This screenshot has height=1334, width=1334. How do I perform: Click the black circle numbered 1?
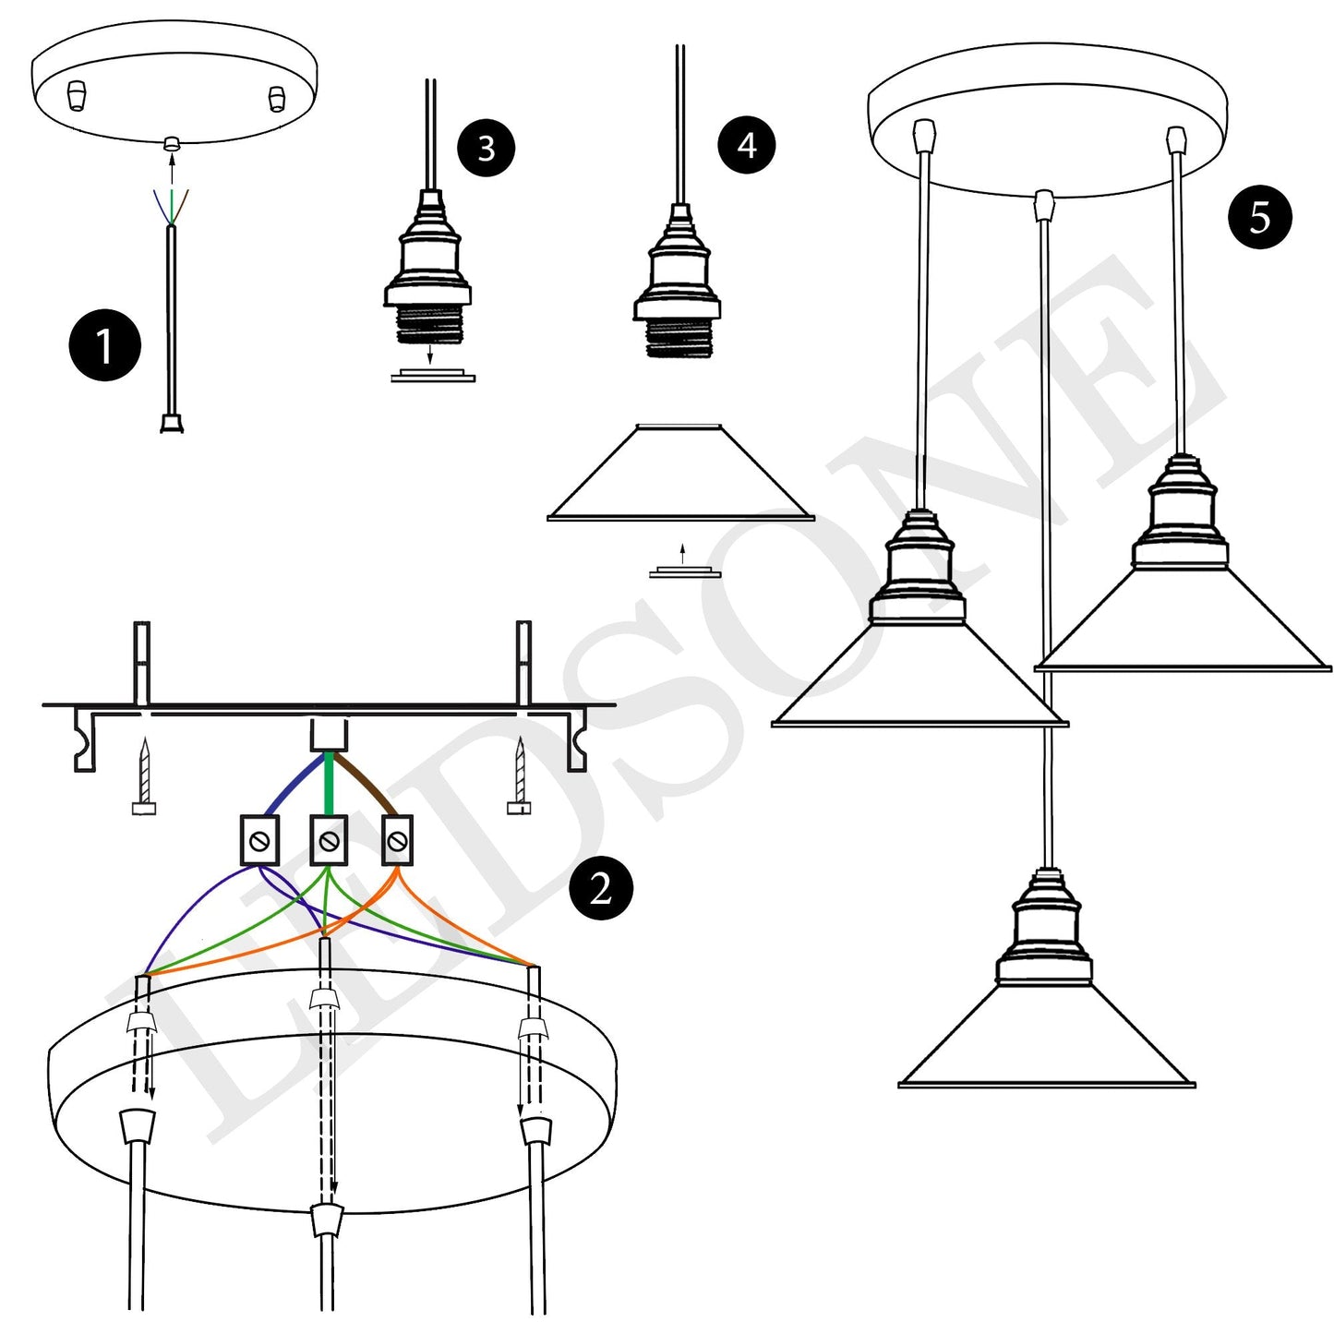104,346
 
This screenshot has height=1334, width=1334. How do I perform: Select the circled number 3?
486,148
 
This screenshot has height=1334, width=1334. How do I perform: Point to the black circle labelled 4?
746,145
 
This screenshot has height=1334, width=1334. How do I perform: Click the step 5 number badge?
1259,218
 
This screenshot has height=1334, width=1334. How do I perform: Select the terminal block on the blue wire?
259,840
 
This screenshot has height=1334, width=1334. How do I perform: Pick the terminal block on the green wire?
329,840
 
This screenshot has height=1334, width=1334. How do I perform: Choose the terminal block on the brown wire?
397,840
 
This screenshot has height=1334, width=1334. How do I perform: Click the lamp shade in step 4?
680,475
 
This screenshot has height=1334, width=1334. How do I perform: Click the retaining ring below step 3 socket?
432,376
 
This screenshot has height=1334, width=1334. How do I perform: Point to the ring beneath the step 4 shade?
684,573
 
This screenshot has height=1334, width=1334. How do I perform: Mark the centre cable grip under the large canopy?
327,1221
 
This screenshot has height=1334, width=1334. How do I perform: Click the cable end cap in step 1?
172,423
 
